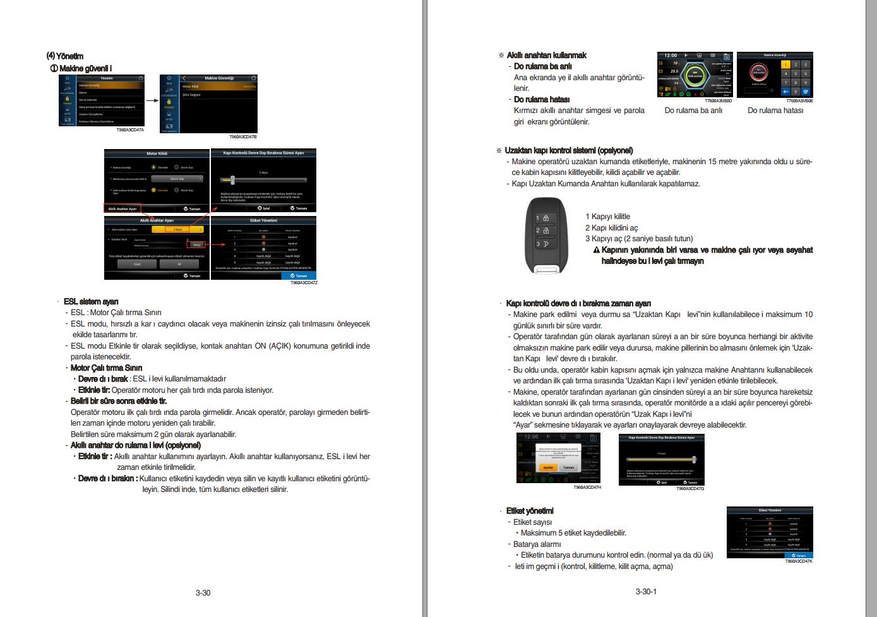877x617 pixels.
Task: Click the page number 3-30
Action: point(203,592)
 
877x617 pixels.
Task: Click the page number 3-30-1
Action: point(646,592)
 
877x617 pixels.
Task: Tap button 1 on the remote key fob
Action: point(542,218)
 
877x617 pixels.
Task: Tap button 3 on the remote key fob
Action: point(542,244)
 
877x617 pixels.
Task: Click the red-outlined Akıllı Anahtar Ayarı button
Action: point(122,208)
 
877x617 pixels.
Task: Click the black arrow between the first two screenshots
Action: point(152,100)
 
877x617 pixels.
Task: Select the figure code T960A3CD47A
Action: point(130,129)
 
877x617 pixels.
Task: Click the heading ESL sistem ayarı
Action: point(91,301)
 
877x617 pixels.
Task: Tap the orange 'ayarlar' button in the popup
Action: point(548,467)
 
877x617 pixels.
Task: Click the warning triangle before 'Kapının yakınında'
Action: point(596,250)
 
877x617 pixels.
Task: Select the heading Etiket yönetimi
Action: point(530,511)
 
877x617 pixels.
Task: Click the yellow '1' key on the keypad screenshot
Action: point(785,64)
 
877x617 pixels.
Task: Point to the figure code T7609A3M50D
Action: point(718,101)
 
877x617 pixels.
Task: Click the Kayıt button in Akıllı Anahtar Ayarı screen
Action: point(137,264)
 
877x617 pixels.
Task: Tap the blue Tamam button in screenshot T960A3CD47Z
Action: point(299,275)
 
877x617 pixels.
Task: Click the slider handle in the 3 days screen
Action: point(232,179)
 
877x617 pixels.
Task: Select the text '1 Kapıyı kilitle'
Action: point(607,217)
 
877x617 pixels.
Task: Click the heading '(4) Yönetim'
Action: point(65,56)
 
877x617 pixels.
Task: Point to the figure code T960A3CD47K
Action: point(799,561)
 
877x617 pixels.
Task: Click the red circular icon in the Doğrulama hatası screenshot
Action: point(758,72)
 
